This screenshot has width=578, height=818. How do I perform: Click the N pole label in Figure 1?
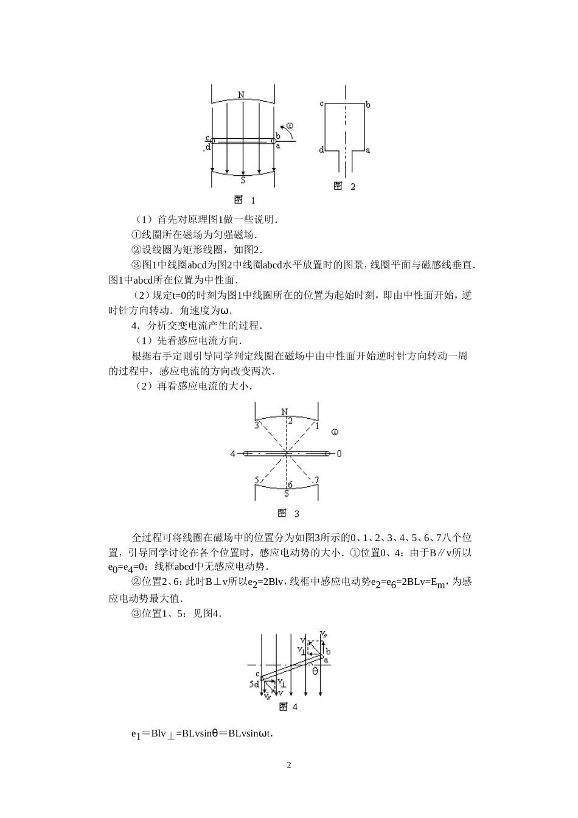(x=242, y=96)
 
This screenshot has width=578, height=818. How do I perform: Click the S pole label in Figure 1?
(x=243, y=180)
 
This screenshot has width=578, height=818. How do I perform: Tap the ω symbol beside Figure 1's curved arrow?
(x=290, y=126)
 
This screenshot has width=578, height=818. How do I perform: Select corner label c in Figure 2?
(x=321, y=103)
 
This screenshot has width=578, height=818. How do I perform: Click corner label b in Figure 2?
(x=368, y=105)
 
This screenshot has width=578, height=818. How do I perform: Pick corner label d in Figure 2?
(x=321, y=149)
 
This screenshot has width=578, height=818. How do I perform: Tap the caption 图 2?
(x=344, y=186)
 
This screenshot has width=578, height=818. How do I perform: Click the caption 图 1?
(x=245, y=200)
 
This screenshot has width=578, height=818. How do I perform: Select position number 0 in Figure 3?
(x=339, y=453)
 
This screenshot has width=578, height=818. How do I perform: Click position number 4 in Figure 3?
(x=232, y=453)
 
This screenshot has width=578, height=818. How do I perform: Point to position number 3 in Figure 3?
(x=257, y=424)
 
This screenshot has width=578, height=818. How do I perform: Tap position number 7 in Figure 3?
(x=316, y=481)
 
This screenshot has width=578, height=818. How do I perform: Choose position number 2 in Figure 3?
(x=290, y=421)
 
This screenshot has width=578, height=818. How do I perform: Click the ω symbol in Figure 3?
(x=335, y=432)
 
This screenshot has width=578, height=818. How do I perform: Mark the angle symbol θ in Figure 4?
(x=315, y=671)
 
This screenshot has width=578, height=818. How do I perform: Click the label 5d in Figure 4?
(x=254, y=684)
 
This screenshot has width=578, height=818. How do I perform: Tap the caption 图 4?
(x=288, y=707)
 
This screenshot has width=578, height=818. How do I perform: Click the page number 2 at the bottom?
(x=289, y=765)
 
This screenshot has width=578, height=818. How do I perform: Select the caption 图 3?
(x=288, y=513)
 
